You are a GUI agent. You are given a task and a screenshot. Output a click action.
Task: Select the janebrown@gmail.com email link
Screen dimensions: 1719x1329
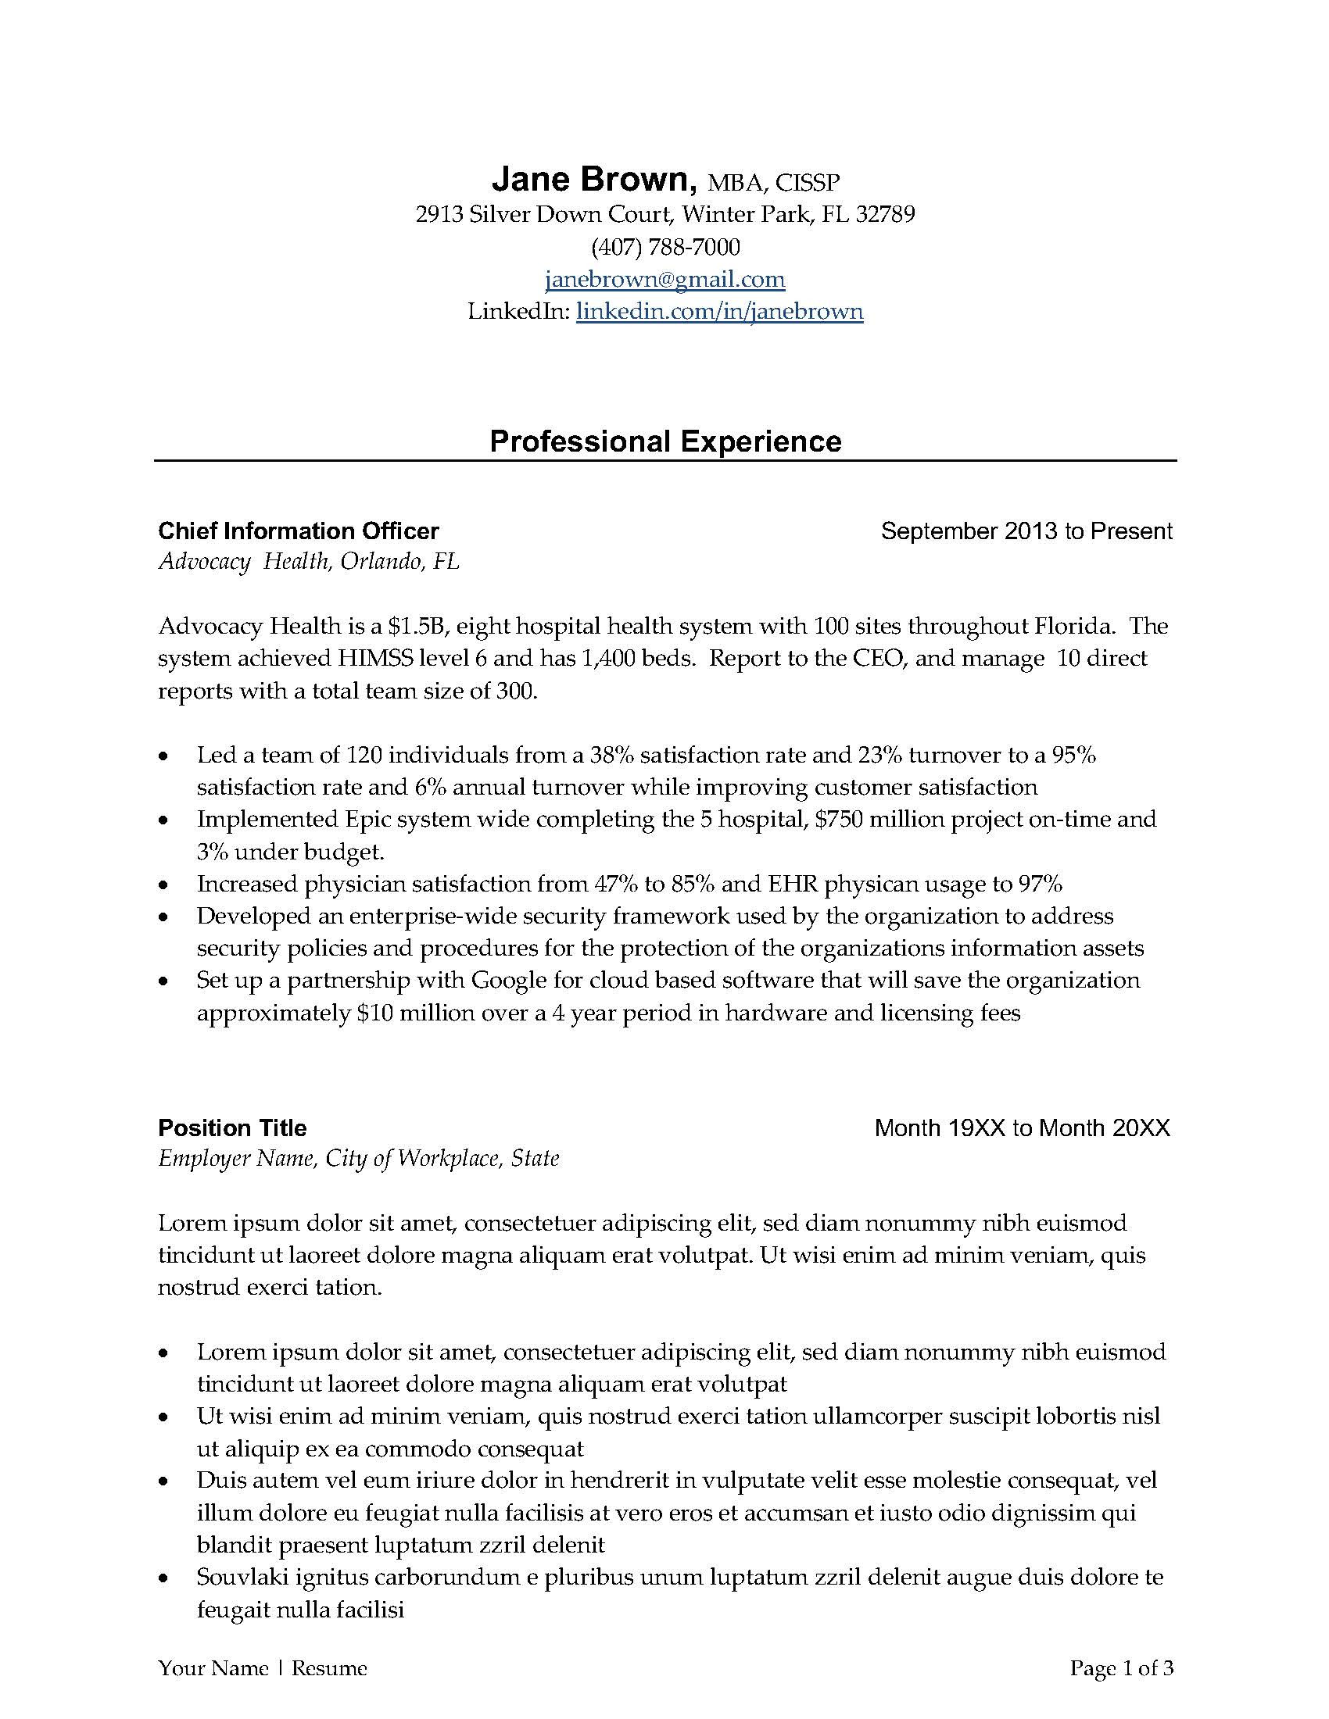pyautogui.click(x=664, y=280)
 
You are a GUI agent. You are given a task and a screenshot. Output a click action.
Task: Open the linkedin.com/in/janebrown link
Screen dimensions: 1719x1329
pyautogui.click(x=719, y=312)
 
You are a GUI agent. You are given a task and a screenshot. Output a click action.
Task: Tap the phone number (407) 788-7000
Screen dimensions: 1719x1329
pyautogui.click(x=665, y=247)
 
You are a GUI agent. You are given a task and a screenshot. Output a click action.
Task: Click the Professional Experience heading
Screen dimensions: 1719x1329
pyautogui.click(x=665, y=441)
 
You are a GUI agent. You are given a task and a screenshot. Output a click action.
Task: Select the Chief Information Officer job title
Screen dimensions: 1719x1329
pyautogui.click(x=299, y=531)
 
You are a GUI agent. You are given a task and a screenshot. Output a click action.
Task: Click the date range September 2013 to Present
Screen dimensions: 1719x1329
pyautogui.click(x=1026, y=531)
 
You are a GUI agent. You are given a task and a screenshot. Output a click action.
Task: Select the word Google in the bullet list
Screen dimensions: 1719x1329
pyautogui.click(x=509, y=981)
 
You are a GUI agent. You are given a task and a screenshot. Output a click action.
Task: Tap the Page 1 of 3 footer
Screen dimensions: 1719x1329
pyautogui.click(x=1121, y=1669)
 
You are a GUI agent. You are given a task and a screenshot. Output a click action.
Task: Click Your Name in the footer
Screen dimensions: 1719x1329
pyautogui.click(x=213, y=1669)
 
